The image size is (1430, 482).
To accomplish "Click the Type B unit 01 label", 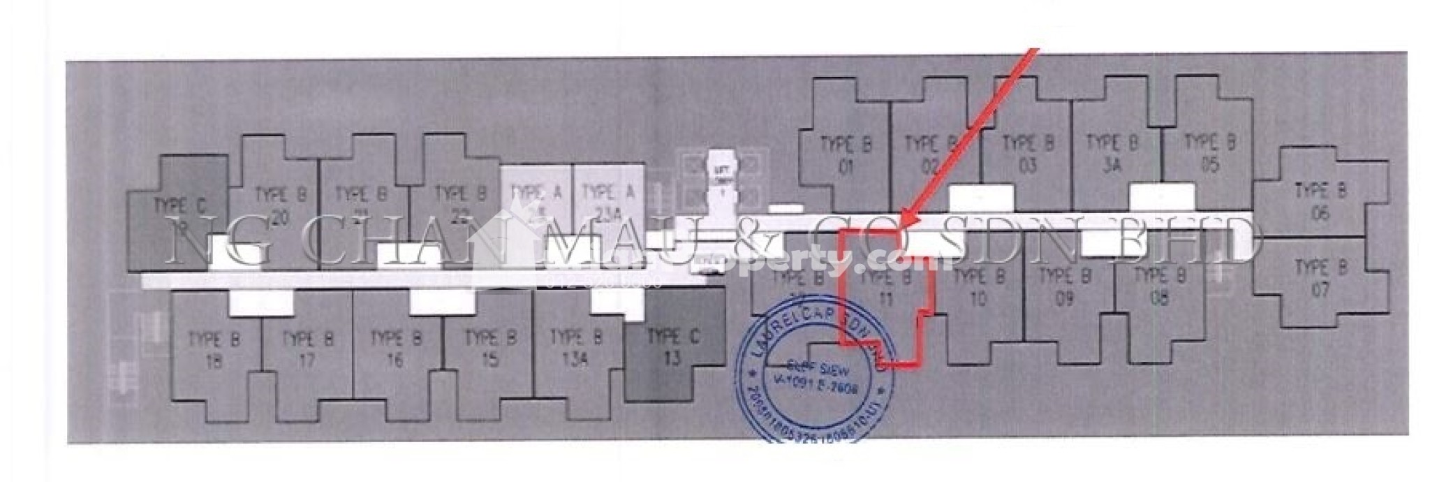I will coord(846,156).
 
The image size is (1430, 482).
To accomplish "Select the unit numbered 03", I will coord(1028,155).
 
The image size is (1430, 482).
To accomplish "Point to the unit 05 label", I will coord(1210,154).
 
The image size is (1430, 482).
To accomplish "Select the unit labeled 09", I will coord(1064,288).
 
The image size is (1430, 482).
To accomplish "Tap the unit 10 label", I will coord(978,288).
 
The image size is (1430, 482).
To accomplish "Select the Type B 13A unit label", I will coord(576,349).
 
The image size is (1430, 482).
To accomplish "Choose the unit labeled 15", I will coord(489,349).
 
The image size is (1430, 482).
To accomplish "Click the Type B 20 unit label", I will coord(280,206).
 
